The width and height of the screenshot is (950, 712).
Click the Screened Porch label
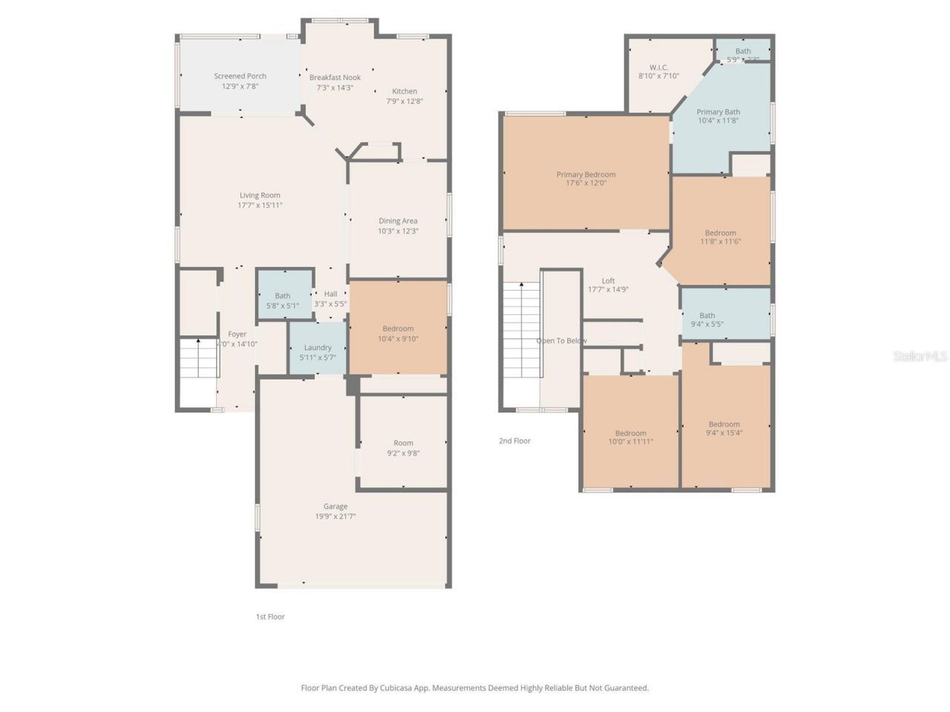(x=240, y=76)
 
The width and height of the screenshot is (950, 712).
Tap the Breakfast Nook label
(x=335, y=77)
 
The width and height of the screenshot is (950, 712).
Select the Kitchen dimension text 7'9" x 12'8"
(x=404, y=102)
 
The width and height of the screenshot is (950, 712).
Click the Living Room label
(x=260, y=196)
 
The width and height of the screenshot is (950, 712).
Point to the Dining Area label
(x=398, y=221)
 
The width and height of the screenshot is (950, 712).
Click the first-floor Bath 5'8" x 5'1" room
(x=283, y=300)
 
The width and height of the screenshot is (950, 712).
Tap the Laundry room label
(x=318, y=348)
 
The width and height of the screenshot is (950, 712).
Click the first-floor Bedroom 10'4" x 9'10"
(x=398, y=333)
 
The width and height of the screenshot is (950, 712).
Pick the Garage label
(x=335, y=507)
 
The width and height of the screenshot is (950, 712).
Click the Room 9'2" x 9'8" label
(x=403, y=444)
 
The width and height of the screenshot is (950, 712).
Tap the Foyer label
(x=237, y=334)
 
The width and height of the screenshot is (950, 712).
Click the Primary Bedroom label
(x=586, y=175)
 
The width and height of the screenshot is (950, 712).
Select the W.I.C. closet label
(x=658, y=67)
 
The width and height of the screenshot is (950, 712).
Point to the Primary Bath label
(x=718, y=112)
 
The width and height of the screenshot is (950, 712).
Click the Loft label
(x=608, y=281)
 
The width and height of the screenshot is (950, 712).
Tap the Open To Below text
(x=561, y=341)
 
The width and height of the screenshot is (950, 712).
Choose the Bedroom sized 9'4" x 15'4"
(x=724, y=429)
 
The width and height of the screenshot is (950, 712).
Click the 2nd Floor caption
(x=514, y=441)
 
